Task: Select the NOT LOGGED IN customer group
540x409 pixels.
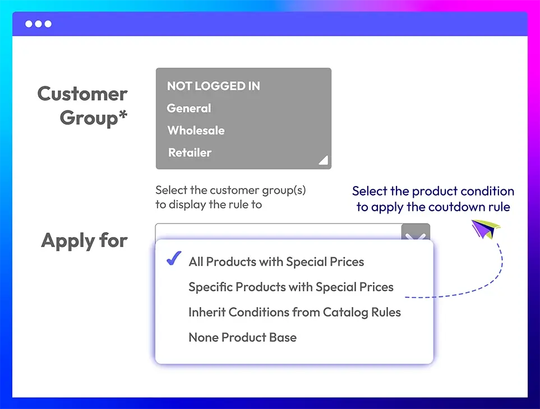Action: coord(214,86)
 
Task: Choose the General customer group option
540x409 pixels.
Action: coord(189,108)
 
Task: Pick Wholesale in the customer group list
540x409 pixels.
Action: coord(196,131)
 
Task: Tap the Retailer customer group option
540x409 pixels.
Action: coord(190,152)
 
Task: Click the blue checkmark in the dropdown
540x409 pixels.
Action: coord(174,258)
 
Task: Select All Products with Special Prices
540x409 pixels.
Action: coord(276,262)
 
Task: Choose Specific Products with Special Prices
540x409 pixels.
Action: coord(291,287)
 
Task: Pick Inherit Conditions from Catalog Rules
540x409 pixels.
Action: coord(295,312)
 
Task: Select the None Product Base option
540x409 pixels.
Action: coord(242,337)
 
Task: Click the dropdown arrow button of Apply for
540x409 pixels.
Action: coord(416,232)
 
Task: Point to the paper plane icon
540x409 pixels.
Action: coord(485,229)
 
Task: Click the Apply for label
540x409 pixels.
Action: coord(84,240)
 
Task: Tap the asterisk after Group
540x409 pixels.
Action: coord(123,114)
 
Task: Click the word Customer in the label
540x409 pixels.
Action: coord(82,94)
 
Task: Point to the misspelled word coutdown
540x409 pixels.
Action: coord(456,207)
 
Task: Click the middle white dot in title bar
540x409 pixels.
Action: coord(39,24)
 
